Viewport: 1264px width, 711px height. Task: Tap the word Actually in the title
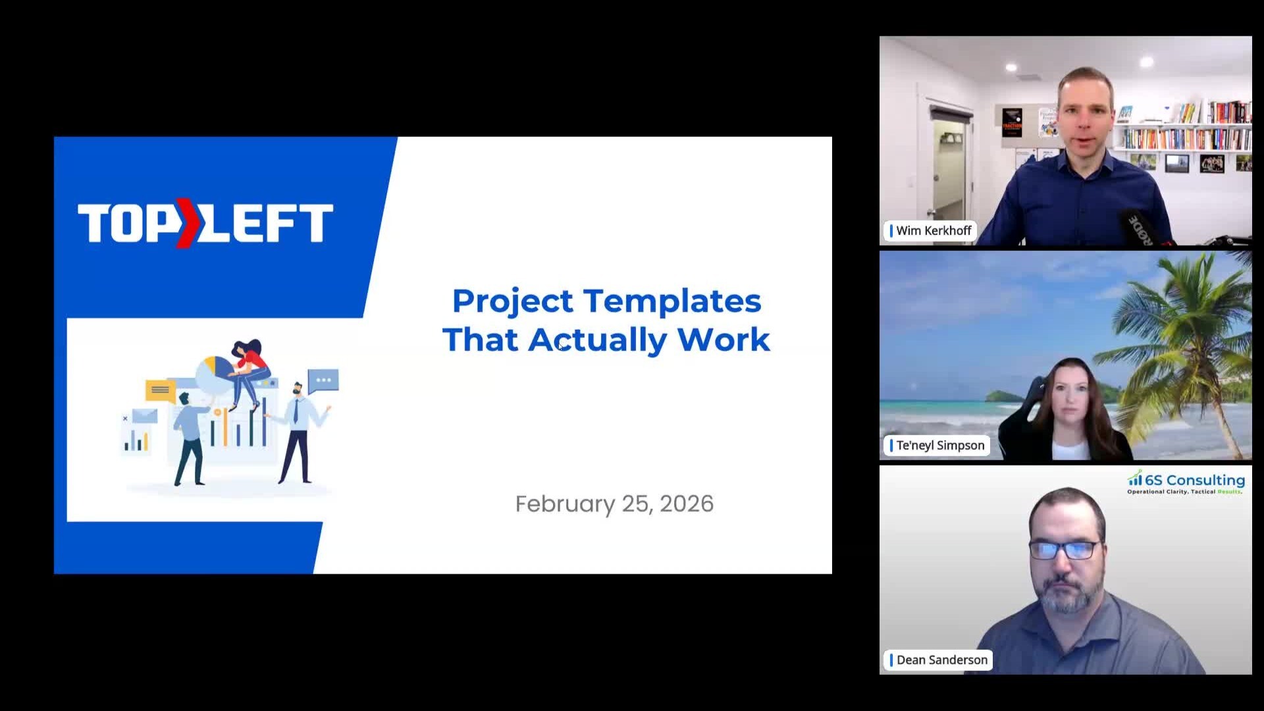(x=597, y=340)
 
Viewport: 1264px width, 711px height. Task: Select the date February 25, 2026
(x=614, y=504)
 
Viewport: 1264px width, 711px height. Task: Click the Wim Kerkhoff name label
(x=933, y=230)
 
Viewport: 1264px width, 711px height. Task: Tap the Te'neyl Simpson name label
(x=939, y=445)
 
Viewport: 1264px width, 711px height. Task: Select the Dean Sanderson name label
(x=941, y=660)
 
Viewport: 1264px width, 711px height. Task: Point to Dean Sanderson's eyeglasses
(x=1065, y=550)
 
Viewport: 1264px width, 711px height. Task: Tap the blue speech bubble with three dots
(x=323, y=381)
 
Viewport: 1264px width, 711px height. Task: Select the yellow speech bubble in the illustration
(x=160, y=390)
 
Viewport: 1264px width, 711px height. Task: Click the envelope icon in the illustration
(x=145, y=415)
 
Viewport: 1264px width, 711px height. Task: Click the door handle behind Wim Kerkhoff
(x=931, y=212)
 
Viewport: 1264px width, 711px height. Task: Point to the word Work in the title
(x=724, y=340)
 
